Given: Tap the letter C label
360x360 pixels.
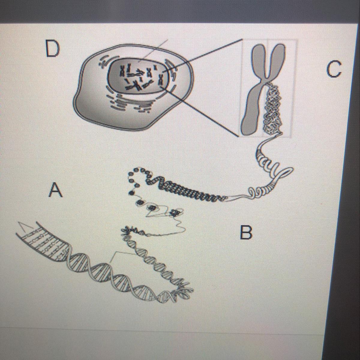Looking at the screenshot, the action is (334, 69).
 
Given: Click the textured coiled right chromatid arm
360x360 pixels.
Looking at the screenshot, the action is (272, 110).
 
